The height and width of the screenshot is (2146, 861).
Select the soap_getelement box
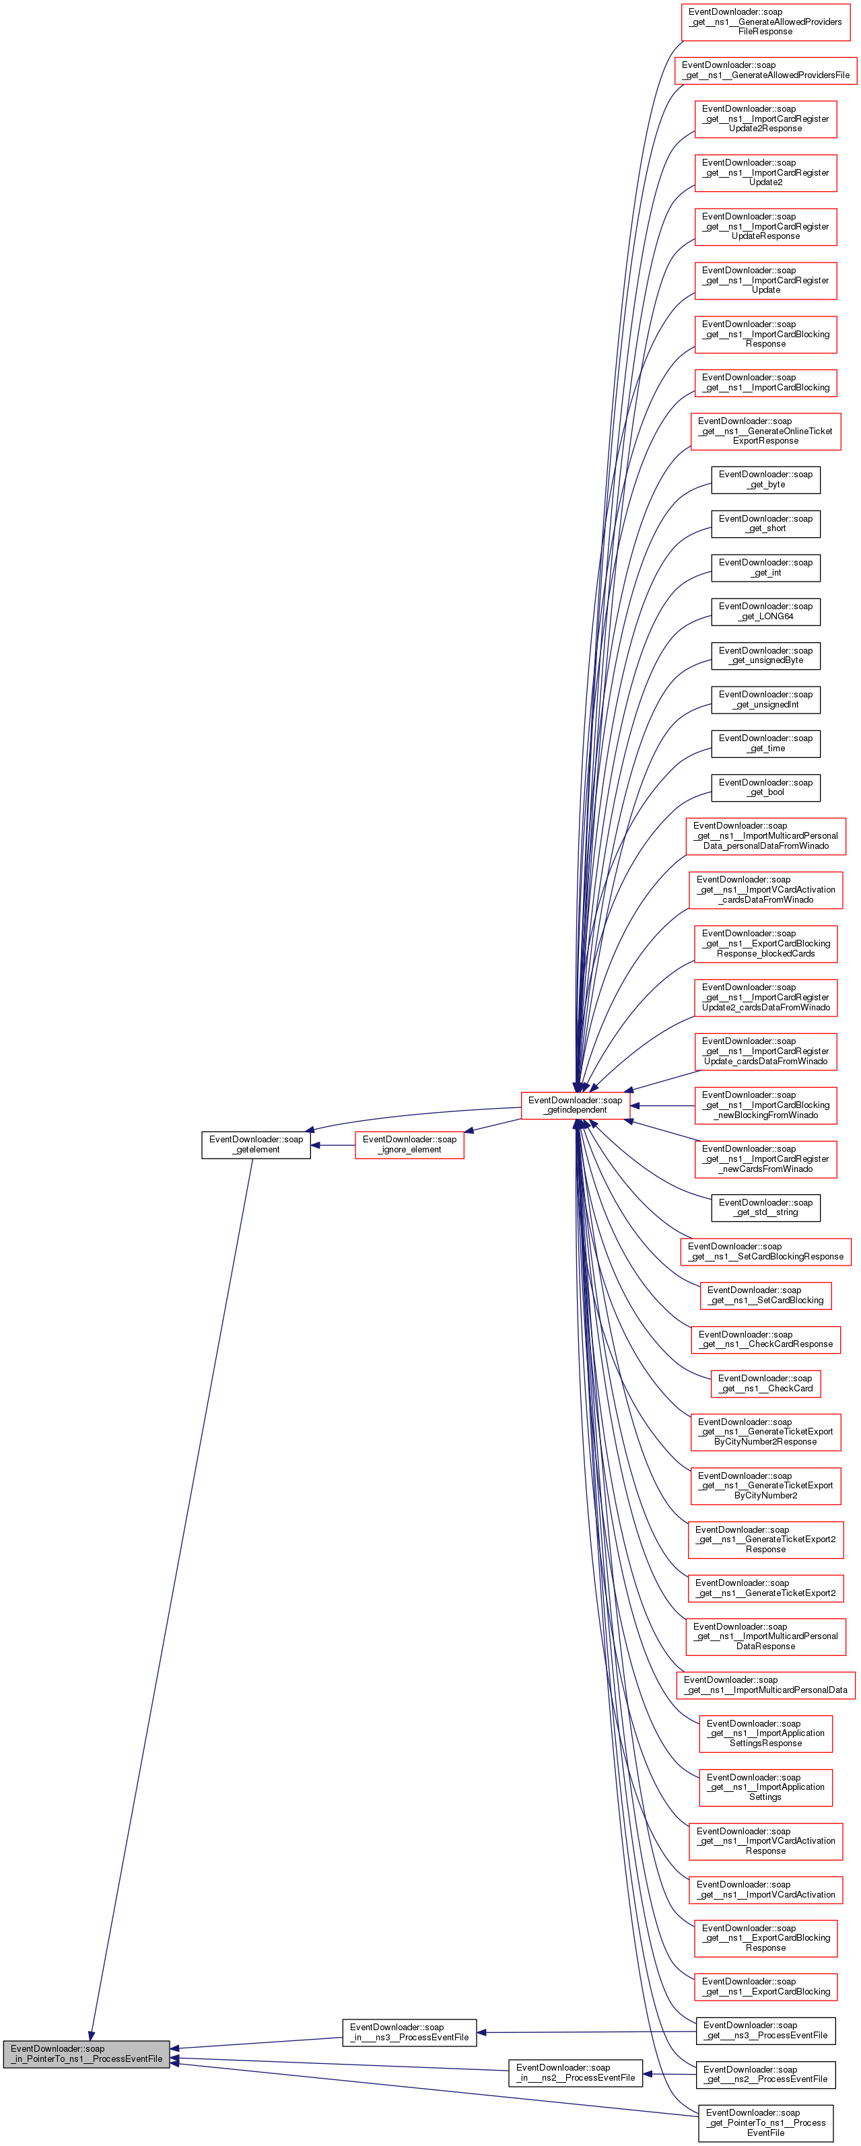click(x=256, y=1144)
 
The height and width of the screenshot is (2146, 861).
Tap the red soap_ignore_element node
click(x=409, y=1144)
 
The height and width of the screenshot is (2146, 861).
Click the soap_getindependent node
click(x=575, y=1105)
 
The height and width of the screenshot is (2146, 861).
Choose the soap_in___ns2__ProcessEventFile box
click(x=575, y=2073)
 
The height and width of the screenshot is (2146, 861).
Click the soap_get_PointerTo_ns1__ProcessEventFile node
click(x=765, y=2122)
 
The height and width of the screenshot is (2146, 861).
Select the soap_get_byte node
click(x=765, y=480)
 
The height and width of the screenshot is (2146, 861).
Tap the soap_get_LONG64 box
click(x=765, y=611)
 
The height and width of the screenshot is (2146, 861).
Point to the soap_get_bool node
click(x=765, y=788)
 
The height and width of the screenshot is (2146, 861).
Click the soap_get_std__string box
click(x=765, y=1207)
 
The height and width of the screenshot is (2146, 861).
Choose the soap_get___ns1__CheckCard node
click(x=765, y=1383)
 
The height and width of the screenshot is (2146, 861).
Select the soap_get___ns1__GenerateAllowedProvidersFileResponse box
click(x=765, y=22)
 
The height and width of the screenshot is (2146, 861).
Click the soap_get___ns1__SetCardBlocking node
click(x=765, y=1295)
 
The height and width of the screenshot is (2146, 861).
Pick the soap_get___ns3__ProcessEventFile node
click(x=765, y=2030)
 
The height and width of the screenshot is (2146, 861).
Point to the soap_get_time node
click(x=765, y=743)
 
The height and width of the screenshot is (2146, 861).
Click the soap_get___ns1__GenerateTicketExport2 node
click(x=765, y=1588)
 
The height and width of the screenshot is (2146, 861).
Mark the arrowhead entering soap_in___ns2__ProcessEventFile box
click(x=648, y=2073)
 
